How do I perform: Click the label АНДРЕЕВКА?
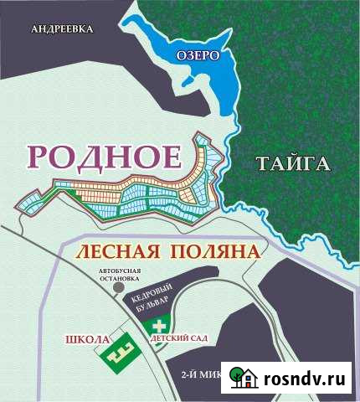(60, 29)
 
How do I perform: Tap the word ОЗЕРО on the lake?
(198, 55)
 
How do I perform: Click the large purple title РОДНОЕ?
(105, 157)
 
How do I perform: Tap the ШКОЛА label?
(87, 339)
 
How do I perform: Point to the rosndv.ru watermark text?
(305, 379)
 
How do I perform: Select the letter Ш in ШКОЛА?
(71, 339)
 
